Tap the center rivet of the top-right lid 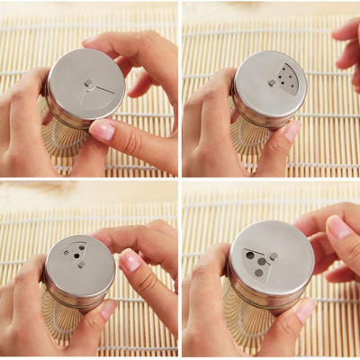[271, 83]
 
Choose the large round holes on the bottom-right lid [256, 261]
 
